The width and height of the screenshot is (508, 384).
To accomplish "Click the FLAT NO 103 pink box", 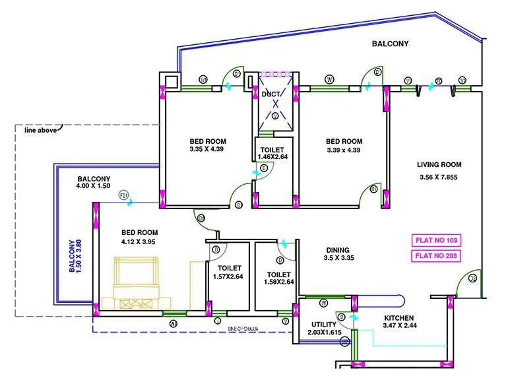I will (x=435, y=240).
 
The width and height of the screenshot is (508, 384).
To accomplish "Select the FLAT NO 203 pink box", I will (x=435, y=256).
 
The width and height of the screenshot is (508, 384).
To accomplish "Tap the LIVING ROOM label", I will (x=439, y=165).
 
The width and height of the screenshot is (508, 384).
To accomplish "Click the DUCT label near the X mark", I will (x=270, y=94).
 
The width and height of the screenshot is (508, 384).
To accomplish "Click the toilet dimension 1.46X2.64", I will (x=272, y=157).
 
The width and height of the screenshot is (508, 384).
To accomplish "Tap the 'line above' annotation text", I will (x=40, y=130).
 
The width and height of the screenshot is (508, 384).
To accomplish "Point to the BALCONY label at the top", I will (x=390, y=44).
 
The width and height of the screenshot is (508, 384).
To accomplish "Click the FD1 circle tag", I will (x=123, y=195).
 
